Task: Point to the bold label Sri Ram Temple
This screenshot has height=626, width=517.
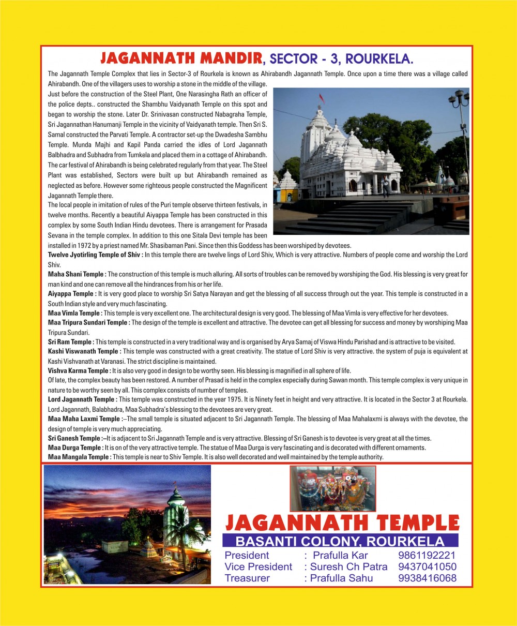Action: pyautogui.click(x=71, y=342)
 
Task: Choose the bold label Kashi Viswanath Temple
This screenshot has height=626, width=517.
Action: pyautogui.click(x=83, y=352)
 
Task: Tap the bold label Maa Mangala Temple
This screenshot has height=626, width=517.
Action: pyautogui.click(x=79, y=457)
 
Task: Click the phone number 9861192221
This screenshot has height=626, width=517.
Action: pyautogui.click(x=427, y=556)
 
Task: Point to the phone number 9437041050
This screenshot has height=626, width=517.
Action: pyautogui.click(x=427, y=567)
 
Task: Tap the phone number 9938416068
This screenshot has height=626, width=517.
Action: pyautogui.click(x=427, y=578)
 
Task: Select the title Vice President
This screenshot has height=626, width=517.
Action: pyautogui.click(x=258, y=567)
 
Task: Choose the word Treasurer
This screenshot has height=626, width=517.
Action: pyautogui.click(x=247, y=578)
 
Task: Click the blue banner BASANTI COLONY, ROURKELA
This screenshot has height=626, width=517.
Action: pyautogui.click(x=340, y=542)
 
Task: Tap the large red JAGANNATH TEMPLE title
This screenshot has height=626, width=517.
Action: pyautogui.click(x=342, y=523)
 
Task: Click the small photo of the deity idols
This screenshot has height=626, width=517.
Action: pyautogui.click(x=332, y=488)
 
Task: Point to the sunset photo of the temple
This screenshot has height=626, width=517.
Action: pyautogui.click(x=127, y=525)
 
